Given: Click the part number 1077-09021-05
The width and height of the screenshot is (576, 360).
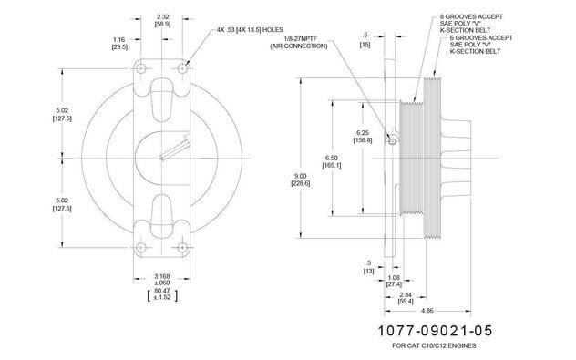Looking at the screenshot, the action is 435,331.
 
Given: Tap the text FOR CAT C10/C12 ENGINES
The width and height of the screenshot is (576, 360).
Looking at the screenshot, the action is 434,345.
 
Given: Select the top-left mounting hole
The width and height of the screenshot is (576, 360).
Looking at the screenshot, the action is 141,68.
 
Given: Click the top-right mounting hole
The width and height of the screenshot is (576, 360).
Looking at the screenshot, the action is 182,68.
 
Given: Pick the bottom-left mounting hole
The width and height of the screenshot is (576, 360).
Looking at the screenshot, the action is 141,248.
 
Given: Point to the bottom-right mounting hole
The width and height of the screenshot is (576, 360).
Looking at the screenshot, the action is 182,248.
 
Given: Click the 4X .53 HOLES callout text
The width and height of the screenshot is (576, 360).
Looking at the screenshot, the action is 250,30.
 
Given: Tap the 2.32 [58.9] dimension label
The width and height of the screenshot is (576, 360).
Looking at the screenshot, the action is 162,20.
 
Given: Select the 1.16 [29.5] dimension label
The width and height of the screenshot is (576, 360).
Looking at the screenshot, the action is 119,43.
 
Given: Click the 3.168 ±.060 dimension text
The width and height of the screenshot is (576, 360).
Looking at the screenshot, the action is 162,280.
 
